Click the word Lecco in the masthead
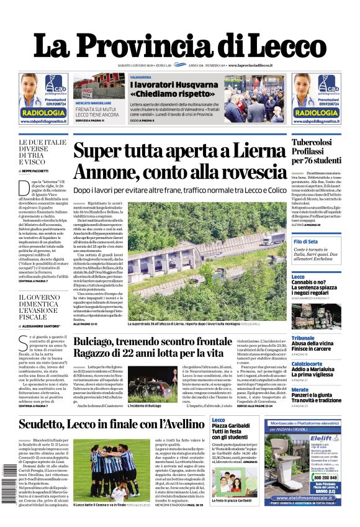point(279,46)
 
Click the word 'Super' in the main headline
point(100,151)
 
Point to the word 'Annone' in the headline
point(108,171)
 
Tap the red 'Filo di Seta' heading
point(306,241)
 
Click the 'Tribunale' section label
point(303,338)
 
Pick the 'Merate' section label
point(300,390)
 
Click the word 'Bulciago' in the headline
point(99,342)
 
